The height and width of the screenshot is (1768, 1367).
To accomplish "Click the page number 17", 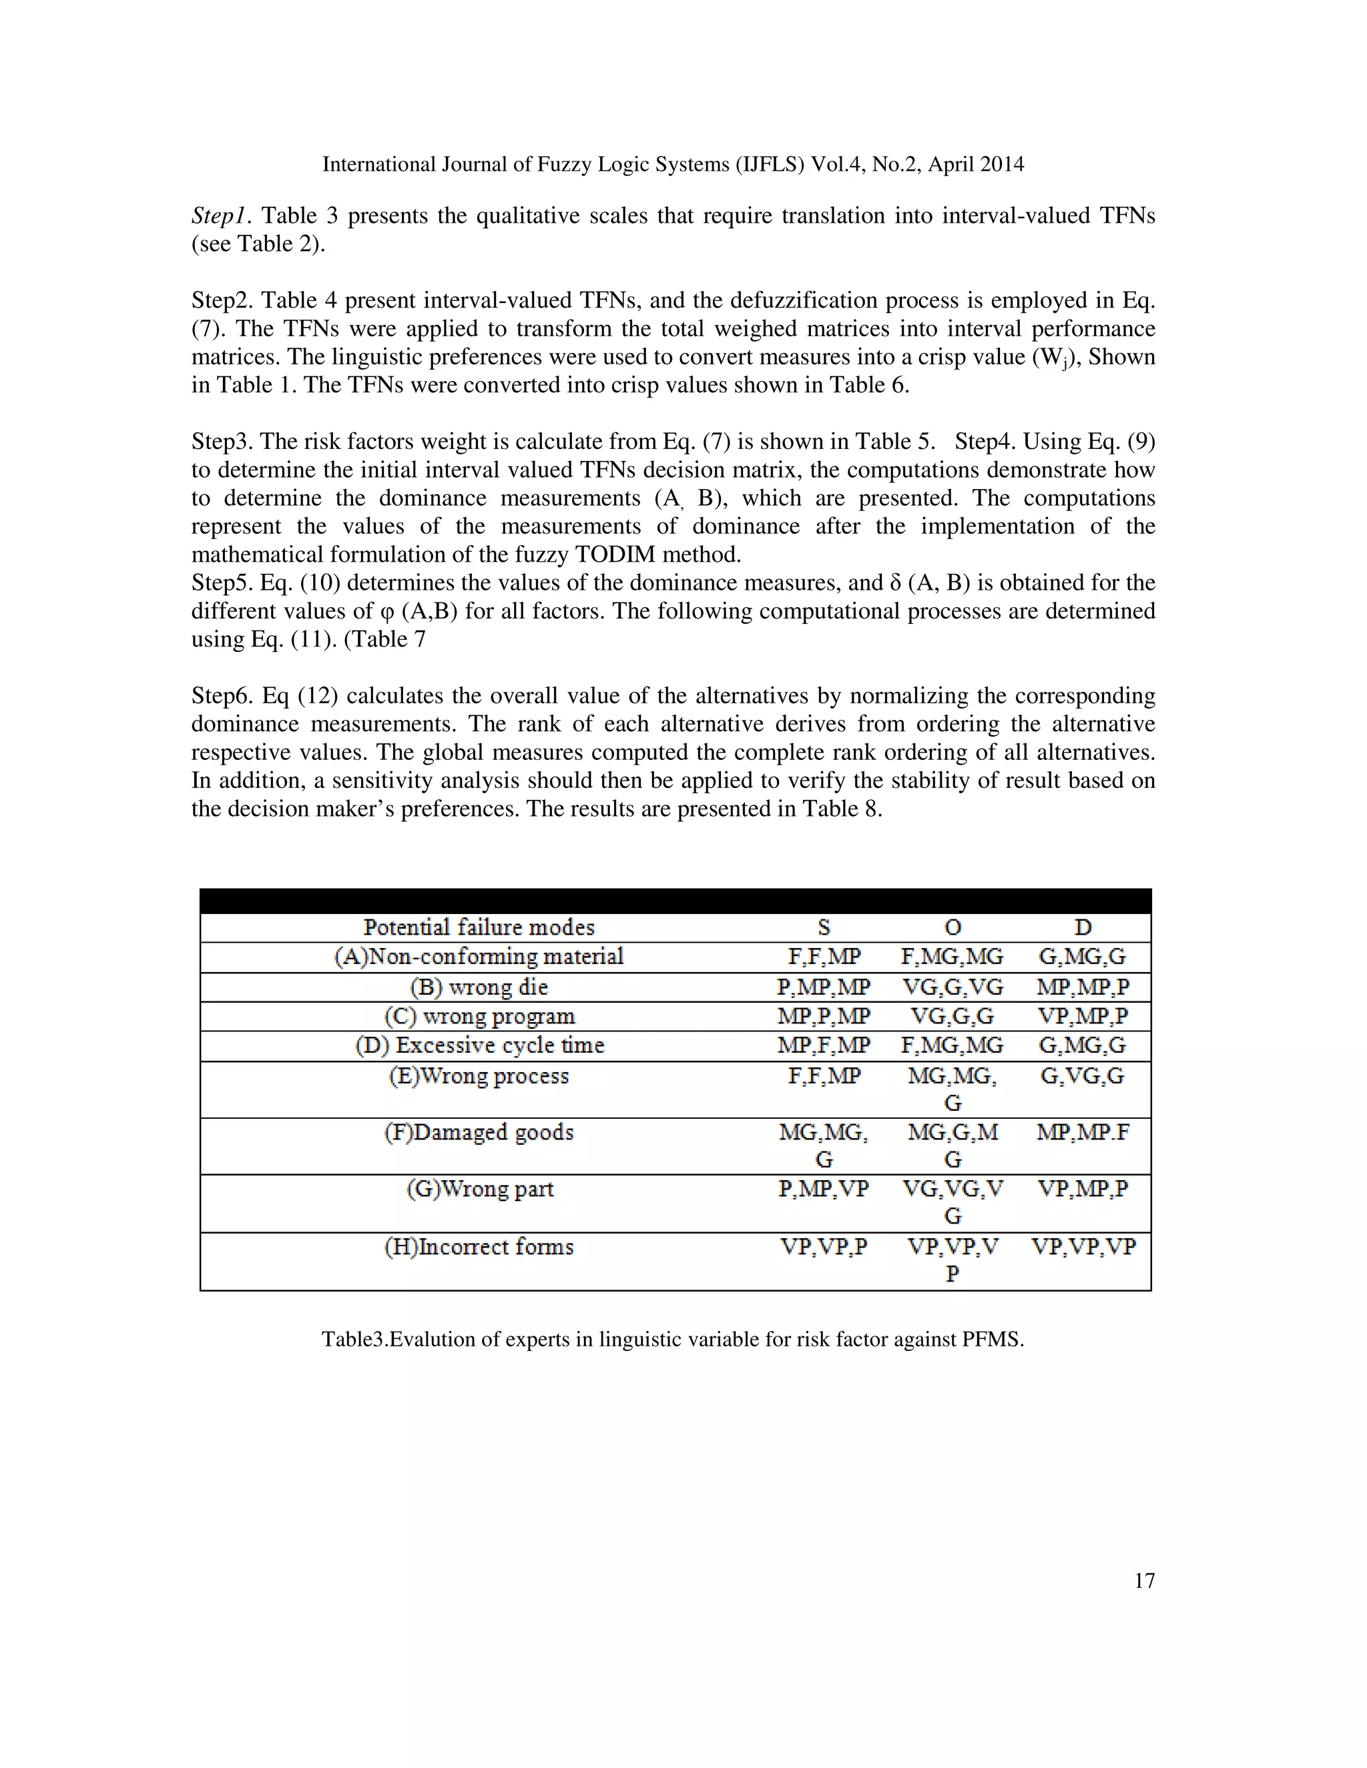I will tap(1143, 1580).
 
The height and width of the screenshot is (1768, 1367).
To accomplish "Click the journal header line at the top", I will tap(673, 164).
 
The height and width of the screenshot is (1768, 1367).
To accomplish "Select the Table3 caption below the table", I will tap(673, 1339).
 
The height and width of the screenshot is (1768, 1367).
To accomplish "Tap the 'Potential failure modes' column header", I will tap(479, 927).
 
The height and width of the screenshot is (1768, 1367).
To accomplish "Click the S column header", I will tap(824, 927).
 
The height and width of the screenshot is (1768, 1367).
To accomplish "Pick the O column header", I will tap(952, 927).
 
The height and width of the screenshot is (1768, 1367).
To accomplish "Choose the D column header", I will tap(1083, 927).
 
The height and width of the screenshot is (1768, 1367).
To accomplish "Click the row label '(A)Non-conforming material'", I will tap(479, 957).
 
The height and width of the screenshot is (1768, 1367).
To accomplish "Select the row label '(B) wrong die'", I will tap(479, 987).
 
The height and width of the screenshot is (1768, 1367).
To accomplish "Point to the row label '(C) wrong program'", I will tap(479, 1017).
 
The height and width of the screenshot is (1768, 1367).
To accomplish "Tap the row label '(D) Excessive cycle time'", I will tap(479, 1046).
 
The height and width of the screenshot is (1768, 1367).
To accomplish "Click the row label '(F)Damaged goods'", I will tap(479, 1132).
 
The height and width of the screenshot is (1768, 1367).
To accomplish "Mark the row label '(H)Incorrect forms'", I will tap(479, 1247).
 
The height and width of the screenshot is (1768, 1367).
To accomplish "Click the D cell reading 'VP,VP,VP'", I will tap(1083, 1247).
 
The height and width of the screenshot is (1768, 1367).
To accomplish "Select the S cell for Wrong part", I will tap(824, 1189).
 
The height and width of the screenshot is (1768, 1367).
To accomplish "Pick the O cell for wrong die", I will tap(952, 987).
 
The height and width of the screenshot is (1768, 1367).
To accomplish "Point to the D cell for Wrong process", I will tap(1083, 1077).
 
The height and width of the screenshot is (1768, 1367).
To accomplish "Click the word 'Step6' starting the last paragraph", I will tap(220, 696).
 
